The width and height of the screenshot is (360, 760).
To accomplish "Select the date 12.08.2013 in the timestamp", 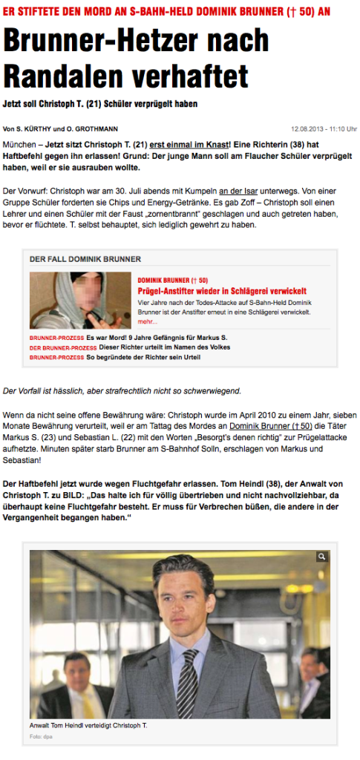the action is [310, 128].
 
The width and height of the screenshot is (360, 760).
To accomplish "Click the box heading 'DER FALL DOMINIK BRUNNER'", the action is [85, 259].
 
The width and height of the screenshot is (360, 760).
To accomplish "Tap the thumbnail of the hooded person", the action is [80, 300].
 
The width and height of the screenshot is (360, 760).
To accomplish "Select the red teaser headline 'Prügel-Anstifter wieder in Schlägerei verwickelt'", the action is [222, 291].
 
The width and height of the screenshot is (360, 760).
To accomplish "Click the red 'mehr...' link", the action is [148, 322].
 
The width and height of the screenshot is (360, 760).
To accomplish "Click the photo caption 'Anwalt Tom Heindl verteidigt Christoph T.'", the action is [88, 724].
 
